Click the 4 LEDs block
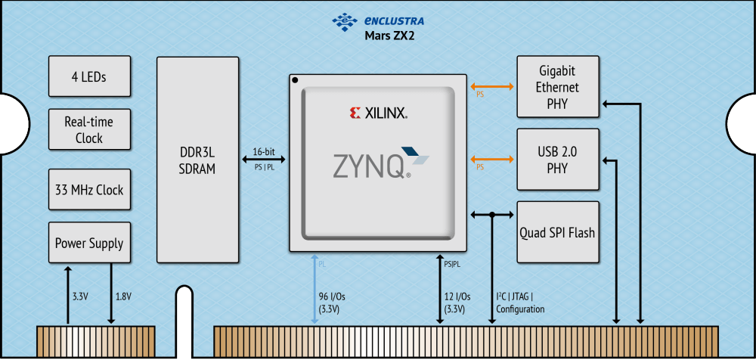coord(89,76)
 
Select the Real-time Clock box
coord(89,130)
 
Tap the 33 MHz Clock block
coord(89,190)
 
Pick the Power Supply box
coord(89,244)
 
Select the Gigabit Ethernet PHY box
coord(557,87)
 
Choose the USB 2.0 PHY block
coord(557,160)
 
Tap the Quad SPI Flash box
coord(557,232)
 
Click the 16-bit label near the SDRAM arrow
coord(264,149)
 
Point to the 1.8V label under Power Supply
coord(122,296)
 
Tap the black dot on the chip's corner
coord(296,79)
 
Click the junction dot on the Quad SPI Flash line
coord(492,215)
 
